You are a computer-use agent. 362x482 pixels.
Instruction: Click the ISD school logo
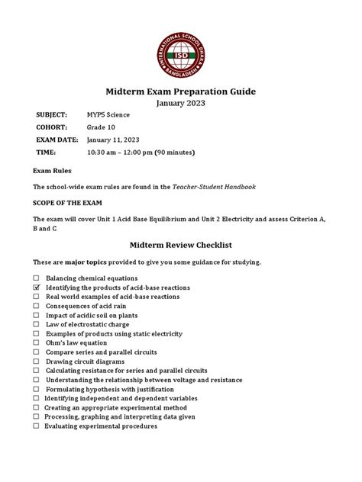[x=180, y=44]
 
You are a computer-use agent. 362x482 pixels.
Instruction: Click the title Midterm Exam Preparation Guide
[x=180, y=92]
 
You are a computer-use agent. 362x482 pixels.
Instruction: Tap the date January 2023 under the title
[x=180, y=104]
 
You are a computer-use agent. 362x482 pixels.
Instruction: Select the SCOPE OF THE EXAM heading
[x=67, y=203]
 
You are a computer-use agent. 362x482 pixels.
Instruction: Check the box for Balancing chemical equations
[x=36, y=278]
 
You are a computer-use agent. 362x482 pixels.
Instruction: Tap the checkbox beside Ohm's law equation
[x=36, y=342]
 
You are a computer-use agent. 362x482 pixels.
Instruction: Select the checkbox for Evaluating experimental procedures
[x=36, y=426]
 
